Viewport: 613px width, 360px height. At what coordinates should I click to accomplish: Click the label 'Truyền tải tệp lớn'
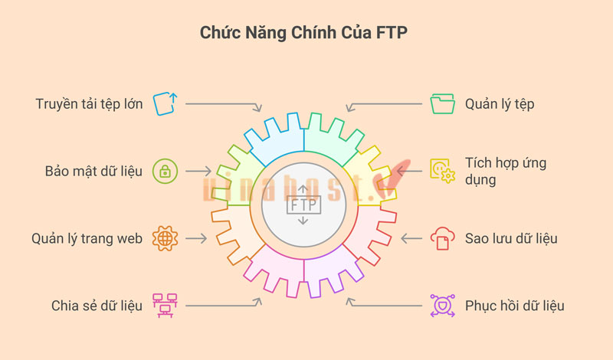click(x=89, y=103)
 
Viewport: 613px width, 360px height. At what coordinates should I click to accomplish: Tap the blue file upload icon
click(x=165, y=103)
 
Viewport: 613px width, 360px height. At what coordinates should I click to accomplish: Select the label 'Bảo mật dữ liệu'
click(x=93, y=171)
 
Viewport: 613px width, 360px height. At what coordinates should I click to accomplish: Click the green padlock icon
click(x=165, y=171)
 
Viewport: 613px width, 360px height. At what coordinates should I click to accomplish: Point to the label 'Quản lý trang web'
click(x=87, y=238)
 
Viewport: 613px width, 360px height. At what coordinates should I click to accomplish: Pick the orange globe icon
click(x=165, y=238)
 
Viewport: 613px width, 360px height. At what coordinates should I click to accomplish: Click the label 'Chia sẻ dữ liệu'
click(x=97, y=306)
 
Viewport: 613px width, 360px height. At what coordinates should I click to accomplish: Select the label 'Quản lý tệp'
click(x=500, y=104)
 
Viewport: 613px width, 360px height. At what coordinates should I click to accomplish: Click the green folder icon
click(x=443, y=103)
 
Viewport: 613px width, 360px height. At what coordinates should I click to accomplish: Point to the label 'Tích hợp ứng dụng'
click(x=506, y=172)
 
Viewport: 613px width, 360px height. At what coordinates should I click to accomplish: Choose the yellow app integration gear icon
click(x=443, y=171)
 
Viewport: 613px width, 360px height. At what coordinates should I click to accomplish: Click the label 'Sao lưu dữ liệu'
click(x=511, y=238)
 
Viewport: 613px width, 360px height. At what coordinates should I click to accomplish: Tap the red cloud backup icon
click(x=443, y=238)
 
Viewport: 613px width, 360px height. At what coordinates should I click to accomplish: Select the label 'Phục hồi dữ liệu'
click(x=515, y=306)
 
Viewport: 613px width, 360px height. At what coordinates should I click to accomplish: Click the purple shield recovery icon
click(x=443, y=306)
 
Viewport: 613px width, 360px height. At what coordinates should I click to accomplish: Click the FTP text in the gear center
click(x=303, y=205)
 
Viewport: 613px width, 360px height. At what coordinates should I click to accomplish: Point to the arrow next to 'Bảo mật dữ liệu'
click(x=199, y=171)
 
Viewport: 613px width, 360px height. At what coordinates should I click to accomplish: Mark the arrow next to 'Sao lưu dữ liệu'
click(x=411, y=238)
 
